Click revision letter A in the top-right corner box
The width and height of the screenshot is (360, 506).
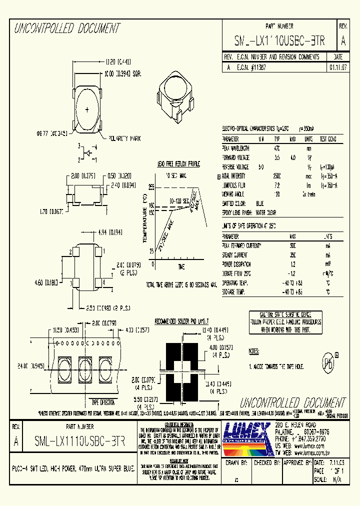click(342, 41)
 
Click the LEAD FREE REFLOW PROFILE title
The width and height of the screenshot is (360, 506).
click(178, 163)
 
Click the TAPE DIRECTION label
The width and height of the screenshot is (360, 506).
click(102, 402)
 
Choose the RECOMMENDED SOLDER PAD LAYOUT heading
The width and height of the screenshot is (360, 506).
click(181, 320)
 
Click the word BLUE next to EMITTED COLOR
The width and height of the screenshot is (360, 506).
click(260, 203)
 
